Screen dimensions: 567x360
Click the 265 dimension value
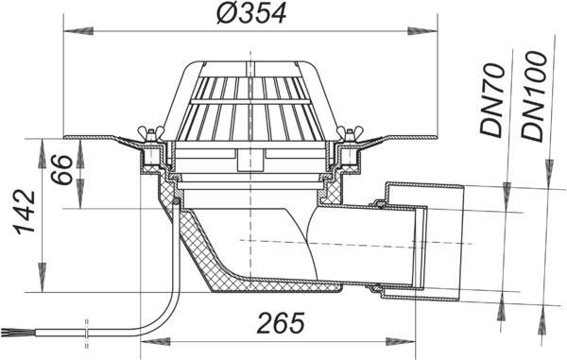(281, 323)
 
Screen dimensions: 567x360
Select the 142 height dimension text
(26, 212)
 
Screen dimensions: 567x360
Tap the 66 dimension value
(61, 169)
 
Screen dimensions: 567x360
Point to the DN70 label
(491, 100)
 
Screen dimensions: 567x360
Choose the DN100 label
(533, 96)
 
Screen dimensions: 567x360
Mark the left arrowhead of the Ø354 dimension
(78, 31)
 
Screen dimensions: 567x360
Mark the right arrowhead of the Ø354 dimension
(422, 31)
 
